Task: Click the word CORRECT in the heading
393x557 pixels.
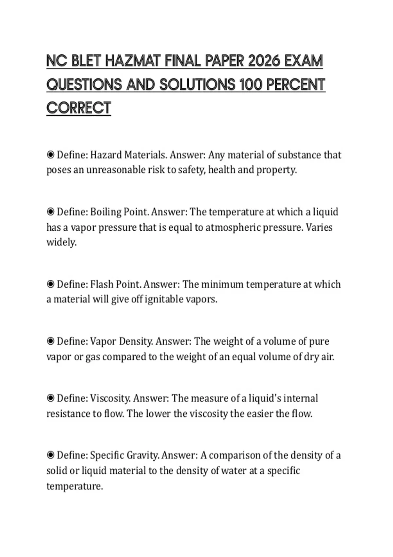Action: pyautogui.click(x=79, y=108)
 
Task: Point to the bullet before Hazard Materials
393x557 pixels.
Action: pyautogui.click(x=50, y=155)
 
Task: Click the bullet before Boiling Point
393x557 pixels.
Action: pyautogui.click(x=50, y=212)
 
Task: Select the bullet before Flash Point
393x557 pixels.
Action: pyautogui.click(x=50, y=284)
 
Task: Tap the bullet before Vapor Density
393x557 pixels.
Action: pyautogui.click(x=50, y=341)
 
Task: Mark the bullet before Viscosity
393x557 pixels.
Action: pyautogui.click(x=50, y=398)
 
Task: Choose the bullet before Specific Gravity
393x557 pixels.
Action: pyautogui.click(x=50, y=455)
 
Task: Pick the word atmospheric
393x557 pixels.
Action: pyautogui.click(x=233, y=227)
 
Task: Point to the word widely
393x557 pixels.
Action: pyautogui.click(x=61, y=242)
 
